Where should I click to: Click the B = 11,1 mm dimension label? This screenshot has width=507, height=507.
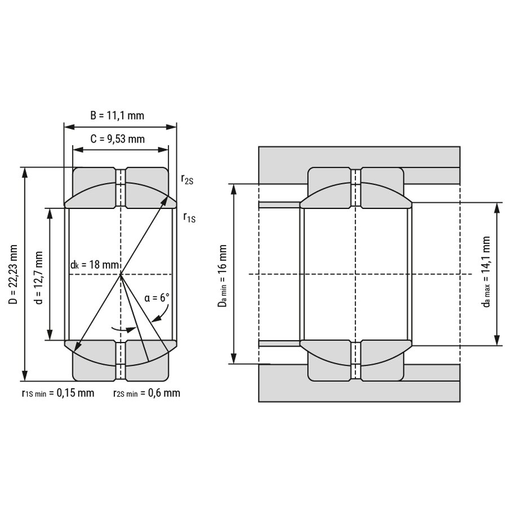(117, 115)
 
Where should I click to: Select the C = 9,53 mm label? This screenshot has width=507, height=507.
(117, 139)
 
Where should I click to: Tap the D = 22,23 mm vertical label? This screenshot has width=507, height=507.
(14, 274)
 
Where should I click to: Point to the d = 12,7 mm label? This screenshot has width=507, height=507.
(38, 278)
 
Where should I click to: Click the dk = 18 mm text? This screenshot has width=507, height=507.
(95, 265)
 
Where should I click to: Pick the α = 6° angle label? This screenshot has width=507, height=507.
(157, 297)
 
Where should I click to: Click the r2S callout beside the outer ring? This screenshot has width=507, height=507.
(187, 179)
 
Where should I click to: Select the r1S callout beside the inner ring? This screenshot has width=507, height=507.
(189, 217)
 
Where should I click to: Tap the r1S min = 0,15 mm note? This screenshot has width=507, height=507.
(58, 393)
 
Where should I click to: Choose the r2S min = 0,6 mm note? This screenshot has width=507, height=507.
(146, 393)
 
